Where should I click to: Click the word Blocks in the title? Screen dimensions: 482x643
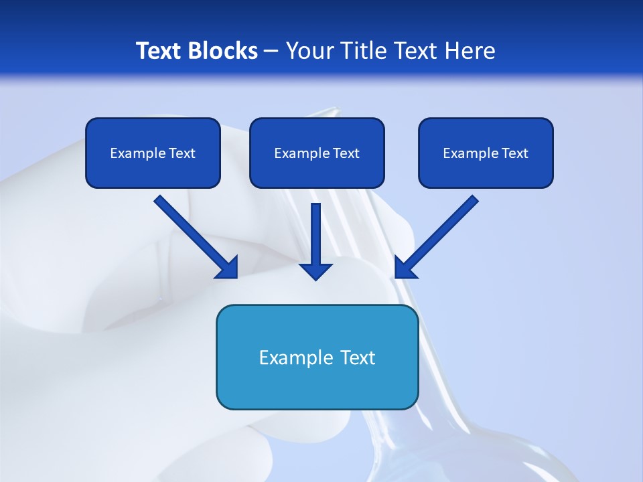(x=223, y=51)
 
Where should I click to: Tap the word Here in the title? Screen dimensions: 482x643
(x=470, y=51)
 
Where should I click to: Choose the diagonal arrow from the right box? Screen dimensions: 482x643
(x=442, y=232)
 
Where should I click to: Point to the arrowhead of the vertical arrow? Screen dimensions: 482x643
(x=316, y=270)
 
